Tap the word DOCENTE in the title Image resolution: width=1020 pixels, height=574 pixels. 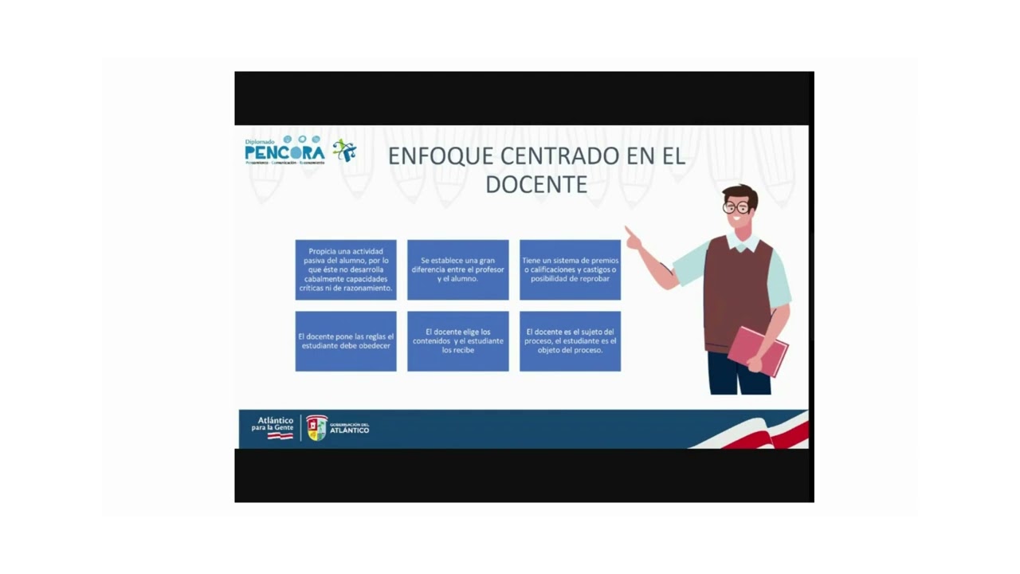[x=536, y=184]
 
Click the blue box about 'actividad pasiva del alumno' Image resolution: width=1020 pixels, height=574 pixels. [x=346, y=269]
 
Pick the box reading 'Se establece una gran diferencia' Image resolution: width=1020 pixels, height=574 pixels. [x=457, y=269]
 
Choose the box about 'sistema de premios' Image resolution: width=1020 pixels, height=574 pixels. [x=570, y=269]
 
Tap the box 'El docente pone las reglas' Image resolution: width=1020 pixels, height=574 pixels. [x=346, y=341]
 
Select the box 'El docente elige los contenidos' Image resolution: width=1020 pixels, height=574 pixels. [x=457, y=341]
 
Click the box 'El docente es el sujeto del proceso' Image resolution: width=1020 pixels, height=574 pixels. [x=570, y=341]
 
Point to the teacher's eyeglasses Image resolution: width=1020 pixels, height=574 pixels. [x=736, y=207]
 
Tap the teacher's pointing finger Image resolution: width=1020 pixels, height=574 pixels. [x=630, y=233]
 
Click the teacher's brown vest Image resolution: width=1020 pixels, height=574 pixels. [x=737, y=287]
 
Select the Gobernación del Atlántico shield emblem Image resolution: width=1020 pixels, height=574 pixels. [x=316, y=428]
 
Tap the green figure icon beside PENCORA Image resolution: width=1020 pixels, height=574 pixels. [x=344, y=150]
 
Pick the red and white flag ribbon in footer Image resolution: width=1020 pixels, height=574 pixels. [x=765, y=434]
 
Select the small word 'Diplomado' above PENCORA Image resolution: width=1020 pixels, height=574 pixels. [x=260, y=142]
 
